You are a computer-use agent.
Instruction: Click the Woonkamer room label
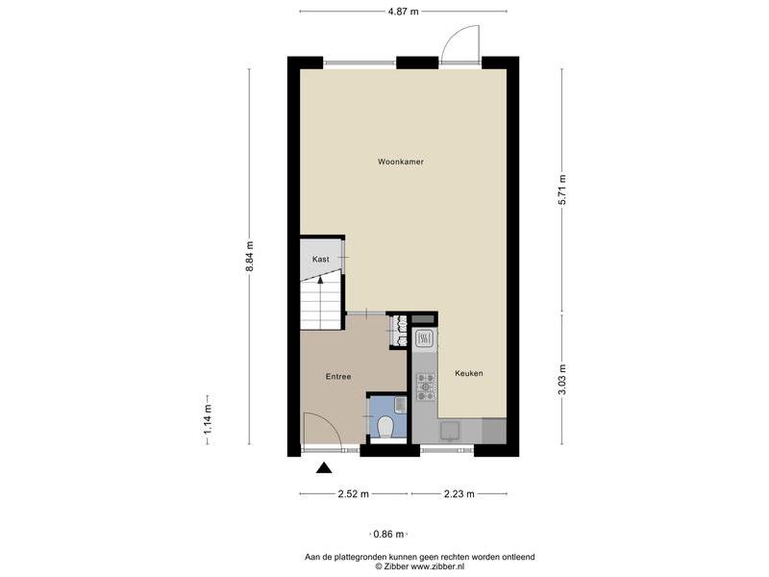coord(400,162)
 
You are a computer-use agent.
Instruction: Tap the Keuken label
coord(469,373)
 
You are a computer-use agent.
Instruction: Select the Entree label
coord(338,377)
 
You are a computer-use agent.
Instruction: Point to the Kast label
coord(321,259)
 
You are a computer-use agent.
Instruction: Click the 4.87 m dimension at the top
coord(403,12)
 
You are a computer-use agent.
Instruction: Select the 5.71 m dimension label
coord(562,190)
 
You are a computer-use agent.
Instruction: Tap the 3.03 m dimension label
coord(562,379)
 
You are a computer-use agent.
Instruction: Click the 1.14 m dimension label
coord(209,419)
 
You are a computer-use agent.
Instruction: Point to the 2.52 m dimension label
coord(353,494)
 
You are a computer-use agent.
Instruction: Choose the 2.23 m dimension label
coord(459,494)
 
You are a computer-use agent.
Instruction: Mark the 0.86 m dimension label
coord(388,535)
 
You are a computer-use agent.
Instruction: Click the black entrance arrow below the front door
coord(324,468)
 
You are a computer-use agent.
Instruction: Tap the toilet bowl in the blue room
coord(386,426)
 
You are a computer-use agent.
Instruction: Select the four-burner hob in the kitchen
coord(426,387)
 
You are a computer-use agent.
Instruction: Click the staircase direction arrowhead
coord(321,280)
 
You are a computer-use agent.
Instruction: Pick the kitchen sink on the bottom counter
coord(450,431)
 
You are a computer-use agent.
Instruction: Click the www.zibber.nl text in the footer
coord(437,566)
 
